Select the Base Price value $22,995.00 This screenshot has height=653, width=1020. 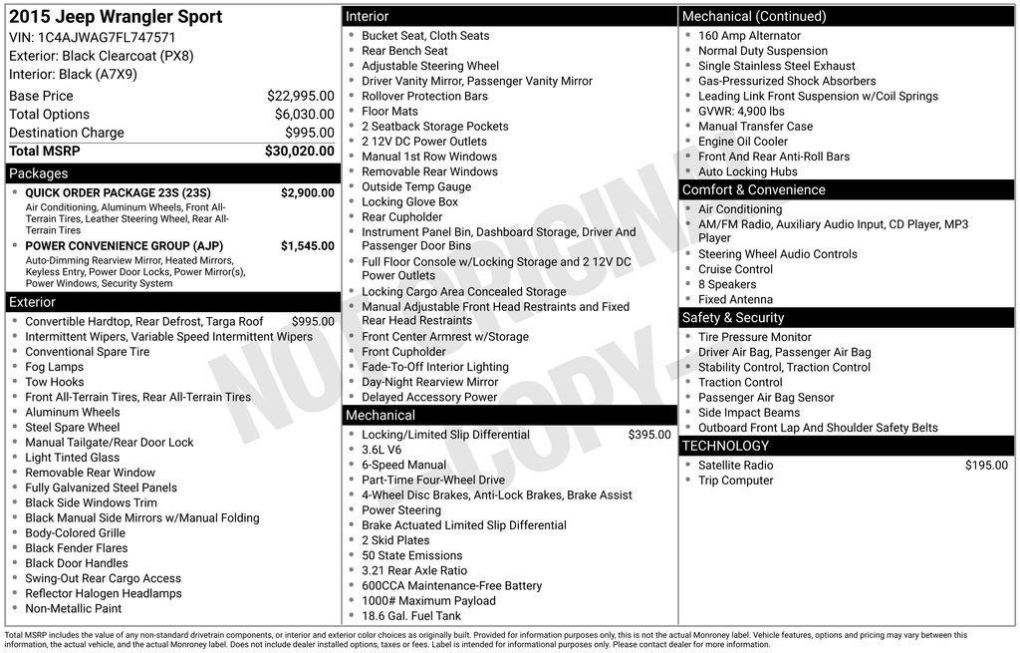pos(300,96)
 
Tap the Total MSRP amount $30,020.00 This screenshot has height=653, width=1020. pos(299,152)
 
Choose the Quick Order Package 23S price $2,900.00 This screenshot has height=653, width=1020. pos(307,192)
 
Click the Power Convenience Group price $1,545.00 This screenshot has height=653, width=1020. pos(307,245)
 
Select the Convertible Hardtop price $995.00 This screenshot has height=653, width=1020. pos(313,322)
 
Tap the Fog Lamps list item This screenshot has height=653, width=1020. pos(54,367)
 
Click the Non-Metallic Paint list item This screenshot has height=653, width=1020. pos(73,608)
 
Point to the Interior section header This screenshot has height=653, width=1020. pos(367,16)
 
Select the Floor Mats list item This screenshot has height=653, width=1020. pos(389,112)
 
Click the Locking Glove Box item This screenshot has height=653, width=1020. pos(409,201)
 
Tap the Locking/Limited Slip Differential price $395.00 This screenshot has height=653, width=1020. pos(649,435)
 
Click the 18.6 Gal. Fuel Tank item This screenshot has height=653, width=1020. pos(411,616)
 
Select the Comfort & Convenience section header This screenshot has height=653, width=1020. pos(753,189)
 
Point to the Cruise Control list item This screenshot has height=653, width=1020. pos(735,269)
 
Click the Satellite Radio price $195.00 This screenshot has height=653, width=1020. pos(986,466)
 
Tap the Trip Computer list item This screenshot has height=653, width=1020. pos(735,481)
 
